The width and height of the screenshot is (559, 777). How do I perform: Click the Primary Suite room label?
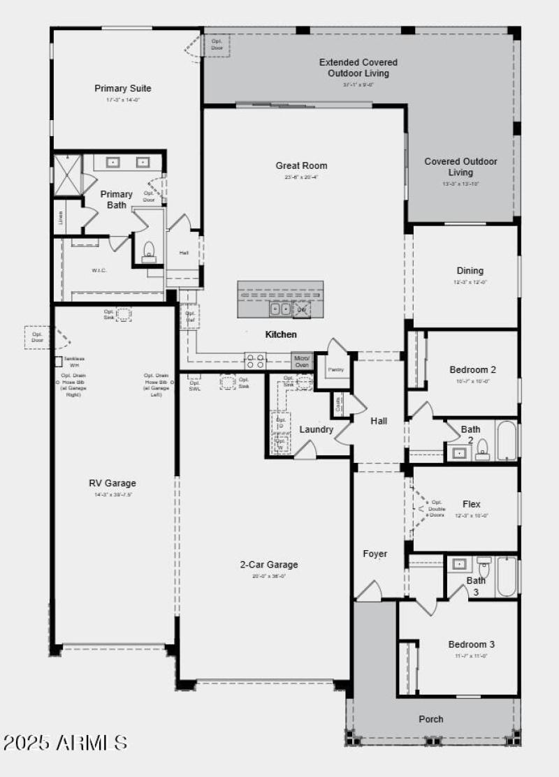point(123,89)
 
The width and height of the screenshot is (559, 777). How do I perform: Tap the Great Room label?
point(301,165)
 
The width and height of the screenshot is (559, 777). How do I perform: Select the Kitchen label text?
point(281,335)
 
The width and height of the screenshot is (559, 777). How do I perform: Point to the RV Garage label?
point(112,483)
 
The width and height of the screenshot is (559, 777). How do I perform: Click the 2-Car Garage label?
point(268,565)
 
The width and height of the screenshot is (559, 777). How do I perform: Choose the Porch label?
point(431,719)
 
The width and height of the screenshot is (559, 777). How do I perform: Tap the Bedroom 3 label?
point(472,644)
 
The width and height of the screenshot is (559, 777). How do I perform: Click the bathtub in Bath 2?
point(507,441)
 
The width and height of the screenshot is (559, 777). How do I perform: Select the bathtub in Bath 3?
point(507,576)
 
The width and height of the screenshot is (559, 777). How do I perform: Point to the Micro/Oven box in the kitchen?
point(302,361)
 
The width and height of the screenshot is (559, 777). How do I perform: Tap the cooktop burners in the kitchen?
point(255,361)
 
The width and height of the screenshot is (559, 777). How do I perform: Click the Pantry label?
point(335,369)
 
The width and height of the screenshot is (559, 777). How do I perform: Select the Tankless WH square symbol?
point(59,362)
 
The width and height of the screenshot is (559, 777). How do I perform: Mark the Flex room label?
point(472,504)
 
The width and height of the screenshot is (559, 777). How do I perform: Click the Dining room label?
point(470,271)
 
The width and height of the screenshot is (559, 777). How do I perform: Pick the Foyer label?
point(375,554)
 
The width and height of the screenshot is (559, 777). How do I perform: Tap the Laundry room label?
point(317,429)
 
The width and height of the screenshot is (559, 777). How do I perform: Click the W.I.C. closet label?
point(99,270)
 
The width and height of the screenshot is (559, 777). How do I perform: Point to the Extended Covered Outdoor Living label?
point(358,68)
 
